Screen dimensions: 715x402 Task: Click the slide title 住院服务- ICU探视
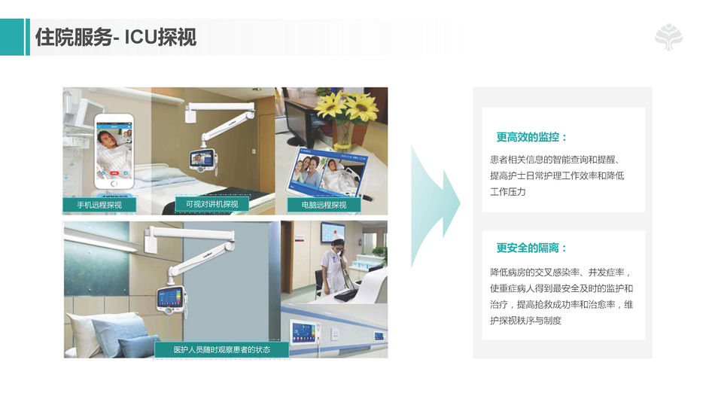116,37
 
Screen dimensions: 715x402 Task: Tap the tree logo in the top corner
668,37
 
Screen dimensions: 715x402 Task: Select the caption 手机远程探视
99,205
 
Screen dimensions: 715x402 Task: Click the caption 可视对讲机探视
212,204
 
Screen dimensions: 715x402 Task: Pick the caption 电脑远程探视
324,205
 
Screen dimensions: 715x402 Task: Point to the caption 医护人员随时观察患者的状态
221,349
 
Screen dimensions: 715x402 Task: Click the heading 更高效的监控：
531,137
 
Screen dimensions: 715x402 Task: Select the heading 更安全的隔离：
531,248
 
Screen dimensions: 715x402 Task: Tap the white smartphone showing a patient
114,151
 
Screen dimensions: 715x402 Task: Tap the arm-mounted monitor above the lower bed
171,300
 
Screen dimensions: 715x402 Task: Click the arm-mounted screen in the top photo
202,160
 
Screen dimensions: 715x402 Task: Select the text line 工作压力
507,192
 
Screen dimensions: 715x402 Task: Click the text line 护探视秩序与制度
525,321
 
